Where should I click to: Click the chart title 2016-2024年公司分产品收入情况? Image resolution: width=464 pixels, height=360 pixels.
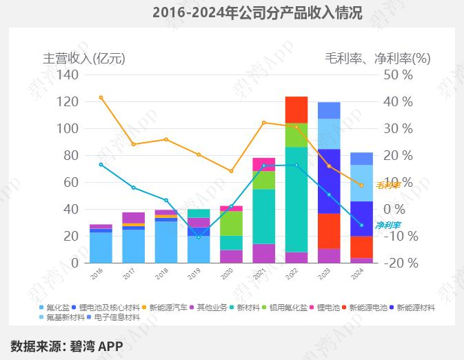click(256, 13)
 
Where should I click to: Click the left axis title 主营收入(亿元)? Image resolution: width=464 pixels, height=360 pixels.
click(84, 58)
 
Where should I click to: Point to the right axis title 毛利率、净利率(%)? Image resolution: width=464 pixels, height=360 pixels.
click(377, 58)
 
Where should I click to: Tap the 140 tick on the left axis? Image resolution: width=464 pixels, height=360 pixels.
click(68, 74)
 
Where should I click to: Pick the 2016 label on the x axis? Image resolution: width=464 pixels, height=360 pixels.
click(97, 273)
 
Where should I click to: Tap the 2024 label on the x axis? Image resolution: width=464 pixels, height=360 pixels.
click(359, 273)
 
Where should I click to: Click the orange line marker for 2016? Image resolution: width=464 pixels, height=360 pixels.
click(101, 97)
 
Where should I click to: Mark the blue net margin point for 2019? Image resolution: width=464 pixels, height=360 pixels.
click(199, 237)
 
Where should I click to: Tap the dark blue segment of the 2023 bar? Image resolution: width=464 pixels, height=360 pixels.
click(329, 181)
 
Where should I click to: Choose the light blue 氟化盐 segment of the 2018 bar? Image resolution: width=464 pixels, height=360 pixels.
click(166, 241)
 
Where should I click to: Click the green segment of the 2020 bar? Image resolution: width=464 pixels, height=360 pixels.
click(231, 223)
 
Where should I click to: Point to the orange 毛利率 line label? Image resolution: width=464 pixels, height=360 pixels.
click(387, 185)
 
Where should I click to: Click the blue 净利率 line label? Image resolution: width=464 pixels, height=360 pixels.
click(387, 225)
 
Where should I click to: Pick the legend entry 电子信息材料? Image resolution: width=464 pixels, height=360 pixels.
click(117, 317)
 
